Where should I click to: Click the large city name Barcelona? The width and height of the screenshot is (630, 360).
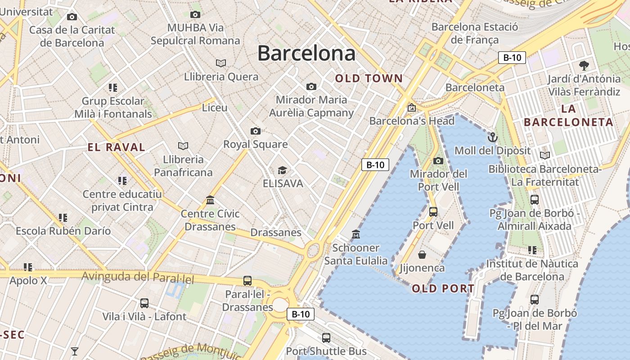click(x=306, y=53)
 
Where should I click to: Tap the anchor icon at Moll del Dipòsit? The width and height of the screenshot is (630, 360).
click(x=493, y=137)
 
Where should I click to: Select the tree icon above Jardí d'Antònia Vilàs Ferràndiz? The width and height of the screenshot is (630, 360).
click(x=584, y=66)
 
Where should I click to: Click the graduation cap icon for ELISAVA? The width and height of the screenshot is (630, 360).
click(x=282, y=170)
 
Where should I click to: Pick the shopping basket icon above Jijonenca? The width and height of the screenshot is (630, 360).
click(x=422, y=255)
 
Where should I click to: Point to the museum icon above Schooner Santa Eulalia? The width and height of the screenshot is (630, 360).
click(x=356, y=234)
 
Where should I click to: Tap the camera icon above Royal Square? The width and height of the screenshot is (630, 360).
click(x=255, y=131)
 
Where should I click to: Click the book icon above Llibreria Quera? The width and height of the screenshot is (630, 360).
click(x=221, y=63)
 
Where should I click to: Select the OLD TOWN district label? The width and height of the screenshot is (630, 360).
click(x=369, y=78)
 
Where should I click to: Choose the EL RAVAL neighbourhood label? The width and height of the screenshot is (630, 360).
click(x=116, y=147)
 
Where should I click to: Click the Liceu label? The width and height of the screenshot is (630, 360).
click(x=215, y=108)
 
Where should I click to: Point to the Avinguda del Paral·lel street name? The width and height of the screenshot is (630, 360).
click(x=138, y=277)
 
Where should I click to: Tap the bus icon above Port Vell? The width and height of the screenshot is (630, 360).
click(x=433, y=211)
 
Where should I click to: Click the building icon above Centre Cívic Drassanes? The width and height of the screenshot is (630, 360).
click(x=210, y=200)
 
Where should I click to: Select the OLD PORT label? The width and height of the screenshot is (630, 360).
click(x=443, y=288)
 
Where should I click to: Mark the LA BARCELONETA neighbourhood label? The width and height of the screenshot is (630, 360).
click(x=568, y=115)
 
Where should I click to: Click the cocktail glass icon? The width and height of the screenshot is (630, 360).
click(x=75, y=351)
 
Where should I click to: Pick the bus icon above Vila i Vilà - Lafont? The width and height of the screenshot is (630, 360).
click(x=144, y=303)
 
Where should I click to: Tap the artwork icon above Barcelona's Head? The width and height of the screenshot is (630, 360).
click(x=411, y=108)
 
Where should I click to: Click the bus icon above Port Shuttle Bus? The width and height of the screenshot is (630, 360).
click(x=326, y=337)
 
